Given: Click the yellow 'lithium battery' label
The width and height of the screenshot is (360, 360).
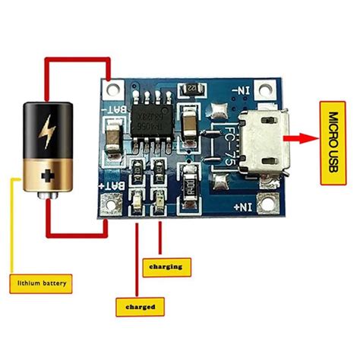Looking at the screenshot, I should click(x=42, y=285).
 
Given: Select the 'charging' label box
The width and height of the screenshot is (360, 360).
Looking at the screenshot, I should click(x=166, y=267).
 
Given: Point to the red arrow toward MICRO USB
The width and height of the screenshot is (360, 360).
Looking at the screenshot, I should click(x=300, y=139).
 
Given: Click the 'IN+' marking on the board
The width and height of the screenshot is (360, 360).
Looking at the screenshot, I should click(x=241, y=204).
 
